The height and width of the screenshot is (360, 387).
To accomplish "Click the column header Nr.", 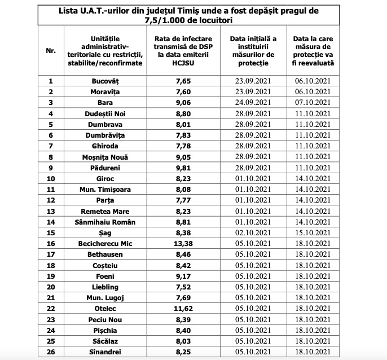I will (51, 50).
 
